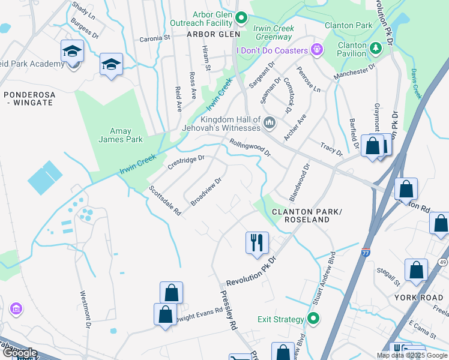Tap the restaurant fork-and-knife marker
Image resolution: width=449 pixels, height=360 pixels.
(x=257, y=243)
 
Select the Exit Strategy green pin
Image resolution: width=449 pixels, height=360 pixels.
(x=313, y=319)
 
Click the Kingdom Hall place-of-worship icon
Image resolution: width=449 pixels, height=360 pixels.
(x=270, y=124)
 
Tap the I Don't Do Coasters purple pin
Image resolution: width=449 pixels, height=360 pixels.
(x=317, y=50)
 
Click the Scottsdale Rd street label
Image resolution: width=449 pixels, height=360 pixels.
(x=166, y=200)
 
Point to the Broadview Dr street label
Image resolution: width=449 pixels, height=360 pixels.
(x=206, y=191)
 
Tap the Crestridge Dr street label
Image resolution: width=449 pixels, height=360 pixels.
(x=186, y=162)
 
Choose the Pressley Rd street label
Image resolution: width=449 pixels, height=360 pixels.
(x=227, y=310)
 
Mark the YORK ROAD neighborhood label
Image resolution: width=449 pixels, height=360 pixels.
(x=418, y=297)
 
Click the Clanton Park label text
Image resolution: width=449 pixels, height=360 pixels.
(x=348, y=25)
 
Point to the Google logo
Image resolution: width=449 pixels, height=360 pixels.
(x=19, y=353)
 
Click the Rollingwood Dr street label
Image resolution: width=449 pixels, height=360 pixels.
(x=250, y=147)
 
